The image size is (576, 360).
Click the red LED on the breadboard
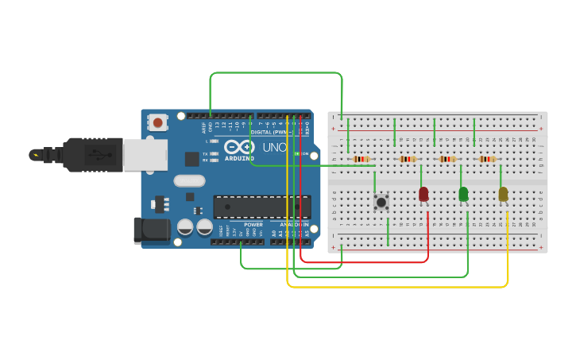coord(423,193)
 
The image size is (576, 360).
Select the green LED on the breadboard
coord(463,193)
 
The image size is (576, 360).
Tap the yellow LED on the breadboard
coord(503,193)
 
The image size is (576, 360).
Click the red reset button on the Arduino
coord(158,122)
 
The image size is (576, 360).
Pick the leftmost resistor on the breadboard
coord(361,159)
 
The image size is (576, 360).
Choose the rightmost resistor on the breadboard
coord(487,159)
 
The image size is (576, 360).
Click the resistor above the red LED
coord(408,159)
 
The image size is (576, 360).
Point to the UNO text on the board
coord(274,148)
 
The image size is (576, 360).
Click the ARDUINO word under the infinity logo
coord(239,157)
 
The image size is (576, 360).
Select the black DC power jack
coord(151,230)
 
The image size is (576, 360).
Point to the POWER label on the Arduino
coord(253,225)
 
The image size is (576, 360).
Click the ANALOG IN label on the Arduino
coord(294,225)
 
